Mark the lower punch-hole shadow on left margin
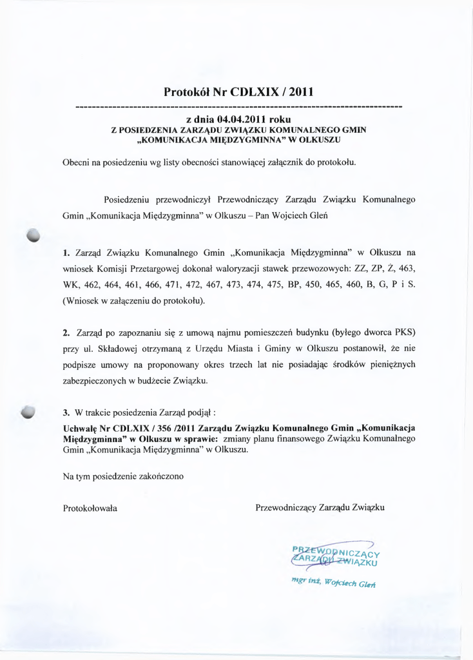[29, 412]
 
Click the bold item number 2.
[66, 333]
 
